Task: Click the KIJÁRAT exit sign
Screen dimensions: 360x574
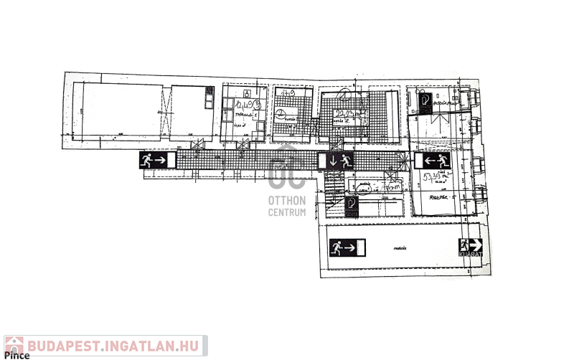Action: [x=470, y=247]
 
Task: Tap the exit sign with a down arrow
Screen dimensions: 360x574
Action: [x=336, y=161]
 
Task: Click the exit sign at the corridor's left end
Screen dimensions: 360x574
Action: [x=157, y=160]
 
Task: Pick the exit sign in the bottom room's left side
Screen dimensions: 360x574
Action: [x=347, y=249]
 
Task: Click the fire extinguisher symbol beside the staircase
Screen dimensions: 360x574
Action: [x=351, y=204]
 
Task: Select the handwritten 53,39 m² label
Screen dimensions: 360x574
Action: [x=436, y=176]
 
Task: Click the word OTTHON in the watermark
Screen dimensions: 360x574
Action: [x=287, y=200]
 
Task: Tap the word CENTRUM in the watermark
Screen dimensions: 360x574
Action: [x=287, y=212]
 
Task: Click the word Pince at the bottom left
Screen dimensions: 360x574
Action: [x=17, y=355]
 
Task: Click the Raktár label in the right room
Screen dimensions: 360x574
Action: [x=438, y=196]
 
